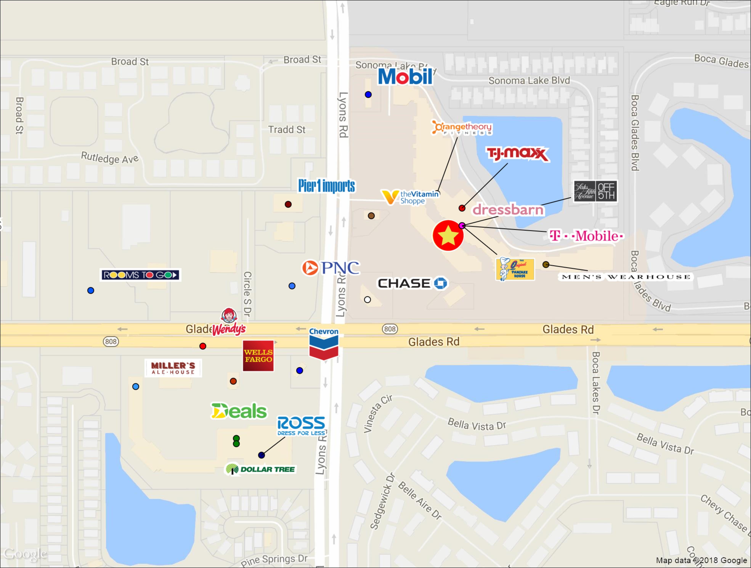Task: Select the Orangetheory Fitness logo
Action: (x=462, y=128)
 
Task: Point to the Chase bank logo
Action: (x=412, y=283)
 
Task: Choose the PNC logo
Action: (x=331, y=268)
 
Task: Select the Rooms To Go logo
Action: (x=140, y=275)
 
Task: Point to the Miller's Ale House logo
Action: (x=173, y=368)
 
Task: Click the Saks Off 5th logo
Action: (x=595, y=191)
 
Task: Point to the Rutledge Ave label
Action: (x=110, y=158)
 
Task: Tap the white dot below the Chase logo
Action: (x=367, y=299)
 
